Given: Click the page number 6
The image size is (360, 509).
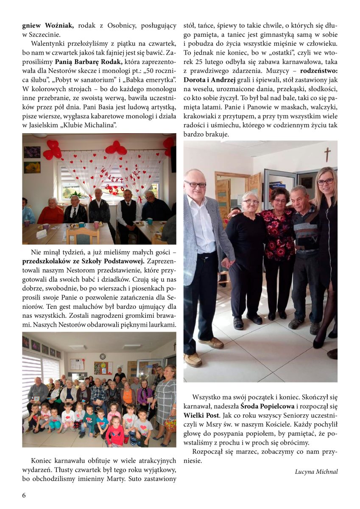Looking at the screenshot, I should (x=24, y=495).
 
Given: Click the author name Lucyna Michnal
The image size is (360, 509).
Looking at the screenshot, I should (x=316, y=471).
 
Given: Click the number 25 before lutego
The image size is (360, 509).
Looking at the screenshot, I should (x=198, y=62).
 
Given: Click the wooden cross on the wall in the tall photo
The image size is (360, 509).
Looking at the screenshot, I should (x=327, y=154).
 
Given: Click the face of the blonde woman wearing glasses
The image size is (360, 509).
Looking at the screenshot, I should (x=325, y=181).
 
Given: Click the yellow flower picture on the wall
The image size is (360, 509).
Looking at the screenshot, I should (x=32, y=167).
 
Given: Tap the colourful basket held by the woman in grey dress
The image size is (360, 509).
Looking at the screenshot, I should (x=170, y=423).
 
